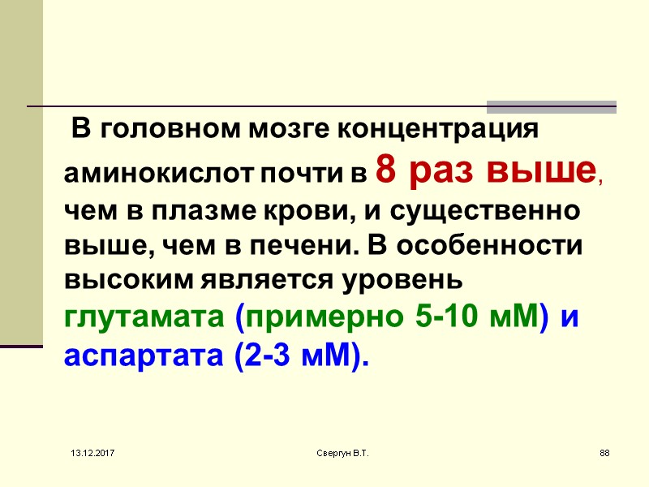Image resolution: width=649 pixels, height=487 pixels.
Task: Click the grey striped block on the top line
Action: click(x=551, y=106)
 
